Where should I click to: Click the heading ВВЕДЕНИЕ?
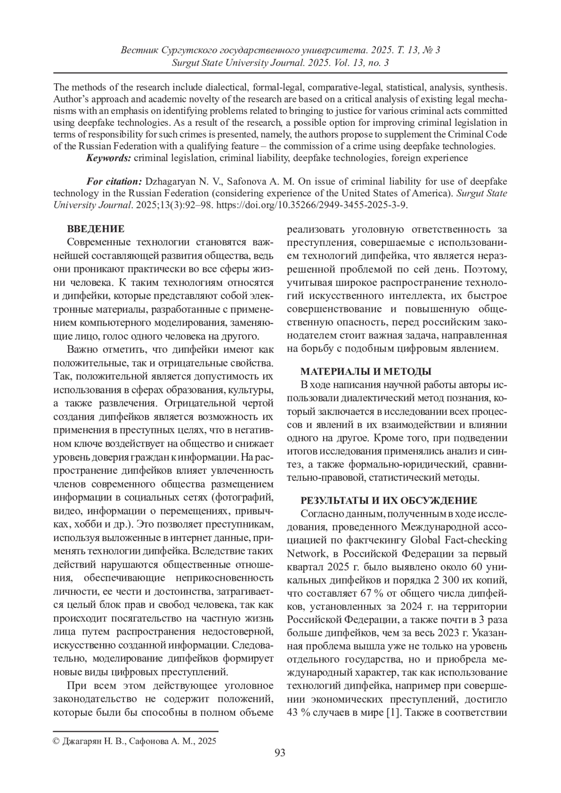[x=96, y=229]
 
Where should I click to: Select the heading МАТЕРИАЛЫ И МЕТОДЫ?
[x=365, y=371]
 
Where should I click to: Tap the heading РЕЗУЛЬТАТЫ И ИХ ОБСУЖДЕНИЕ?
[x=388, y=500]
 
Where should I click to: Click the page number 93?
[x=280, y=752]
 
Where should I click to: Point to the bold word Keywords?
[x=108, y=158]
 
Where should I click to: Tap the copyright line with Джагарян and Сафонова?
[x=135, y=741]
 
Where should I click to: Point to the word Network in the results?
[x=307, y=554]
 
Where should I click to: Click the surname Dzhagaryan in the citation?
[x=173, y=181]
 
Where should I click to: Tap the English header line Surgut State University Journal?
[x=280, y=62]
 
